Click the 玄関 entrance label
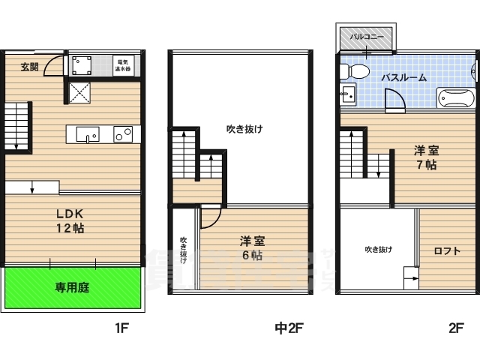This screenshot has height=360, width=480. click(x=29, y=67)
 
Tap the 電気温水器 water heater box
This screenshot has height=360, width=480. click(x=122, y=64)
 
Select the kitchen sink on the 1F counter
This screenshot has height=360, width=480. click(x=88, y=136)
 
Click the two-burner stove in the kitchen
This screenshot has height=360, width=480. click(x=123, y=134)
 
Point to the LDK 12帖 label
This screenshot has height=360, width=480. click(x=68, y=220)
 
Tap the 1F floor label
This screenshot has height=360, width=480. click(x=122, y=328)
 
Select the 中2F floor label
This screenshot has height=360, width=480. click(x=288, y=328)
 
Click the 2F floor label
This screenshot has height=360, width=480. click(x=456, y=328)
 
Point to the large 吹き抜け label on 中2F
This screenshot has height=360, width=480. click(x=244, y=129)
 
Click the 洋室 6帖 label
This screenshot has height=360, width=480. click(x=252, y=248)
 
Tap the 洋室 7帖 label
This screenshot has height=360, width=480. click(x=426, y=157)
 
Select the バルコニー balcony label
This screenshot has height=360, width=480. click(x=367, y=35)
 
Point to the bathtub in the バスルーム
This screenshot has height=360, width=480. click(x=454, y=99)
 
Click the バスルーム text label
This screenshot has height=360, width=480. click(x=403, y=77)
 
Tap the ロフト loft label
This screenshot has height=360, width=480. click(x=446, y=250)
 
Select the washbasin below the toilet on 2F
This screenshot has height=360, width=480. click(x=348, y=95)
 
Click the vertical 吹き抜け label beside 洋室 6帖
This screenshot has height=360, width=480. click(x=184, y=250)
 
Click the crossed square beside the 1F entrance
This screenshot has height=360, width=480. click(x=80, y=92)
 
